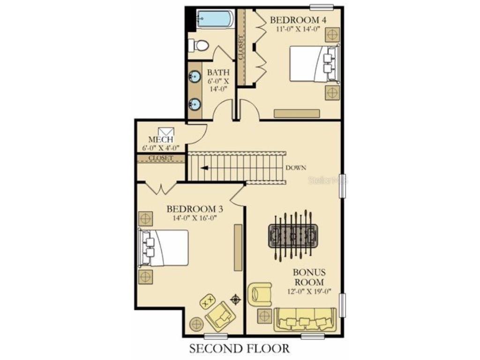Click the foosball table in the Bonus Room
293,234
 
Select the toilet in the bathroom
199,45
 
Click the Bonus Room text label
308,277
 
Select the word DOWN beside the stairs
296,168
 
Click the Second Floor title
240,349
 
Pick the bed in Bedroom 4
312,63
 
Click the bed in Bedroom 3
164,248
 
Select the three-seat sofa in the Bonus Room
305,320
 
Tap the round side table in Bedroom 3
196,323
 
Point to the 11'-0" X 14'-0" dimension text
298,29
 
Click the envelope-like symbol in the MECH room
166,132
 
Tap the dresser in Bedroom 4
297,113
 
